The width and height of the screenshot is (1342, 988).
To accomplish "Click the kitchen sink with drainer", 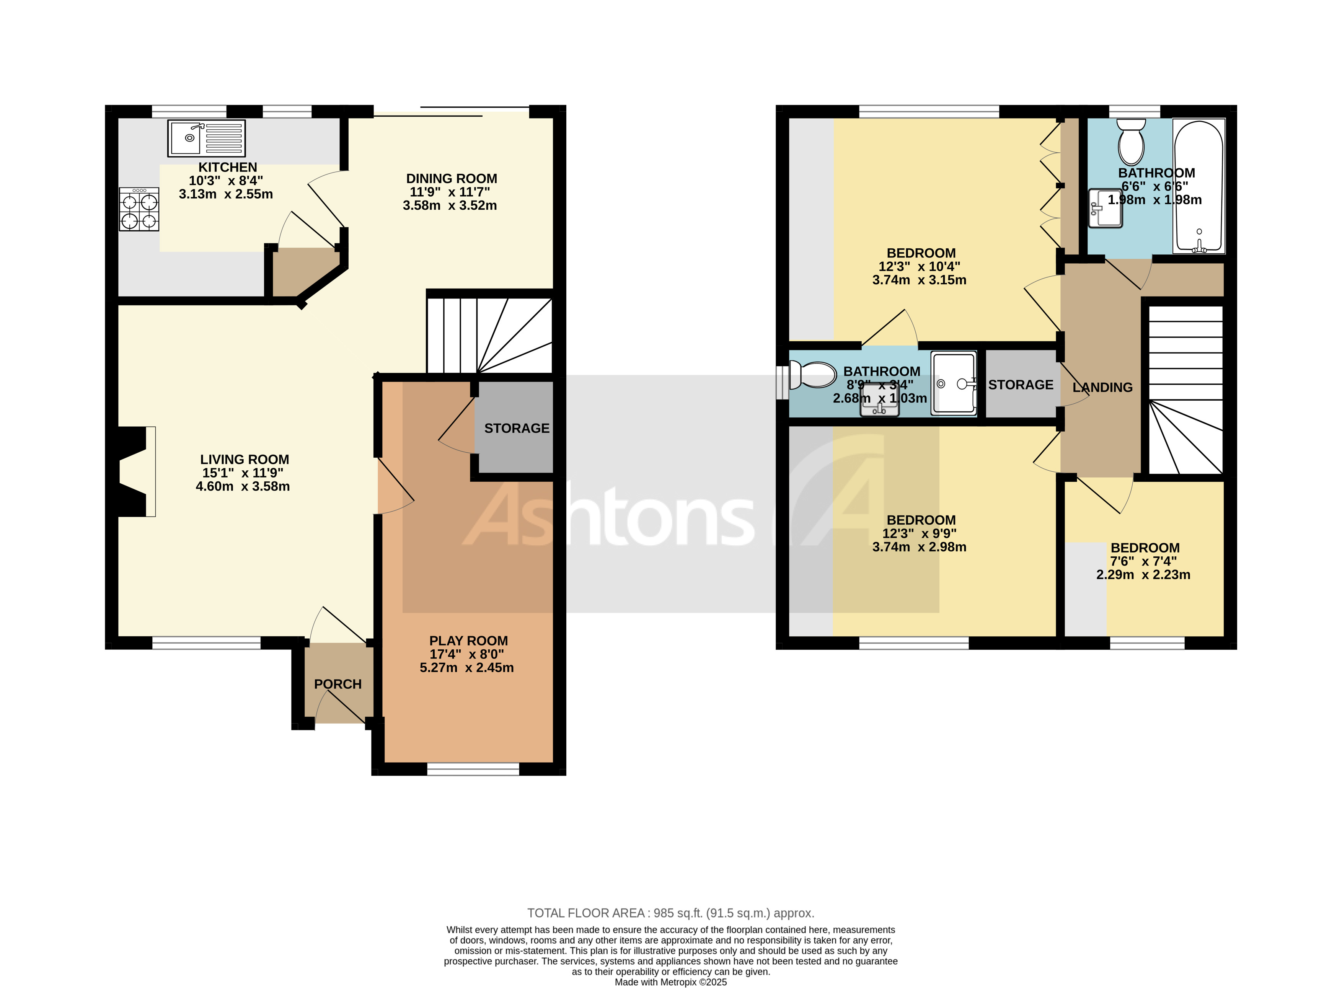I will [206, 138].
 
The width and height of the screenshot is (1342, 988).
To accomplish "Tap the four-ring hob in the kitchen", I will [139, 209].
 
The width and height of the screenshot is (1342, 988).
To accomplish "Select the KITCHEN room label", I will [227, 168].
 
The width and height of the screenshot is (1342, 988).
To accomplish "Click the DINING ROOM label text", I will [452, 179].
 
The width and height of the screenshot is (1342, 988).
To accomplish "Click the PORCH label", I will [338, 684].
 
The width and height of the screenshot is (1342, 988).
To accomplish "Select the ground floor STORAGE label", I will [517, 428].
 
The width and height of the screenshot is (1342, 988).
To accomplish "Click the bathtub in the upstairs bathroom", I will [1199, 186].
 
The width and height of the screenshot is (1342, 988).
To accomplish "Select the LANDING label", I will [1102, 388].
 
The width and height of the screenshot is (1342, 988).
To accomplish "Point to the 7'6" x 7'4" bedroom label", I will [1145, 548].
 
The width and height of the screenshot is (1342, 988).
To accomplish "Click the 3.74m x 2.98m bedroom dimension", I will [919, 547].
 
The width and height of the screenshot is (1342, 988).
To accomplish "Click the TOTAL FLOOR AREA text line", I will [670, 913].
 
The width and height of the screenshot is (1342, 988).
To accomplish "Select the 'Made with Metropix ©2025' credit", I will [670, 982].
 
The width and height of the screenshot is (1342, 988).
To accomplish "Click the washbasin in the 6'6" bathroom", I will [1105, 209].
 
